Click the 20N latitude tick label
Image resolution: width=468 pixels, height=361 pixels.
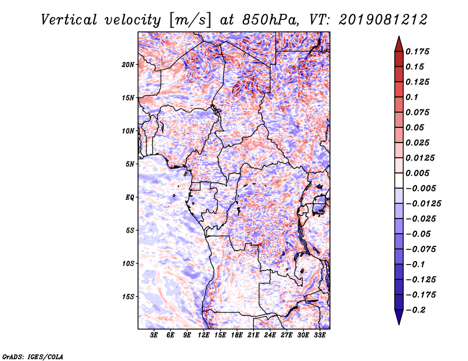pos(128,65)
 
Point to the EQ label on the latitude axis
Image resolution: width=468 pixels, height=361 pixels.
pos(130,197)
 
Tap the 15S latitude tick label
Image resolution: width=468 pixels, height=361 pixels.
pos(128,297)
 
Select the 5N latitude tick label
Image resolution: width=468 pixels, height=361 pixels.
pos(130,164)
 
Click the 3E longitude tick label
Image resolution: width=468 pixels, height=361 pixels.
pos(154,335)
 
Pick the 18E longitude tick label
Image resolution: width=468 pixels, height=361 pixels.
pos(237,335)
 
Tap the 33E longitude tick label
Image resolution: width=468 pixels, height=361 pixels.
pos(319,335)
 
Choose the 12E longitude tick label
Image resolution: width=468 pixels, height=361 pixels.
pos(204,335)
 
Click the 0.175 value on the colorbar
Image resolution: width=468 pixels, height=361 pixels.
pos(418,51)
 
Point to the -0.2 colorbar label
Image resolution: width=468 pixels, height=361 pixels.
pos(415,310)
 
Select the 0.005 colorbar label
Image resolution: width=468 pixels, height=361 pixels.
pos(418,173)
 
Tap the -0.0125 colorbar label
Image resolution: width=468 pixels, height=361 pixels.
pos(424,204)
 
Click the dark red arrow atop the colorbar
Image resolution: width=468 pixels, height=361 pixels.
pos(399,44)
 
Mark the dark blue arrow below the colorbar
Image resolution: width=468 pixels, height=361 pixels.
pos(399,317)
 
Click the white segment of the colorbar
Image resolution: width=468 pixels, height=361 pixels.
pos(399,180)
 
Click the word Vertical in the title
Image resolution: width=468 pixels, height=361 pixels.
pos(69,20)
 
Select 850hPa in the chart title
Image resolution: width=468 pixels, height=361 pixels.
pos(270,20)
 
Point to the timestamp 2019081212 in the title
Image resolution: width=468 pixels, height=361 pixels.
pos(383,20)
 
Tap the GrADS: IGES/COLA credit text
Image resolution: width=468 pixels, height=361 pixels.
pos(33,357)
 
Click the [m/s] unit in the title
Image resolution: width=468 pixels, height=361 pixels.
pos(190,20)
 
